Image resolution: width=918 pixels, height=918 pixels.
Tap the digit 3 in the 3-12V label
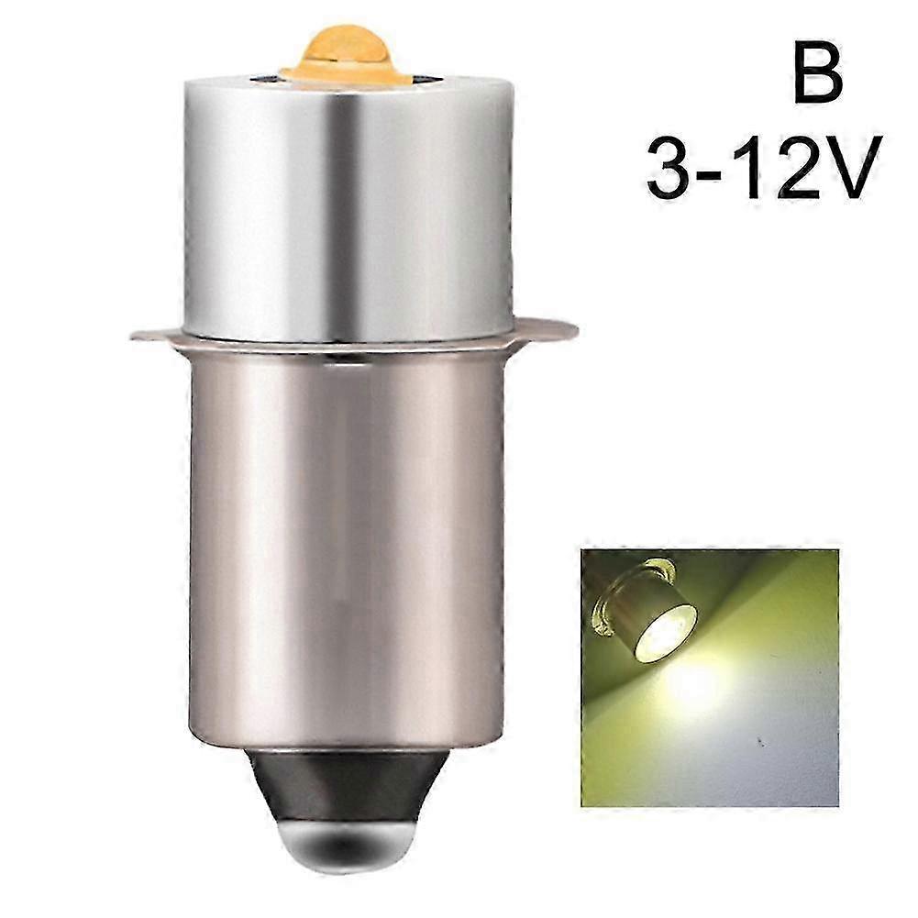coord(677,171)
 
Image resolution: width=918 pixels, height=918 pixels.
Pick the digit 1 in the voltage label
coord(754,171)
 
